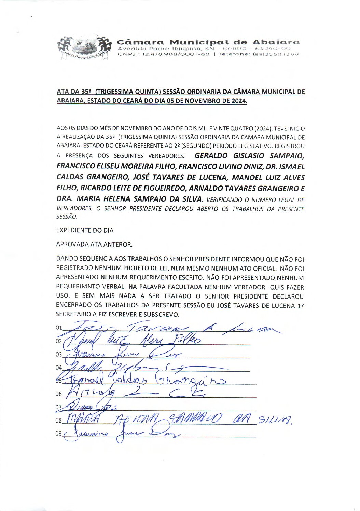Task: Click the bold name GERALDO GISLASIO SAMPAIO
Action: click(249, 156)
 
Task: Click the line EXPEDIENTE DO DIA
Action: click(85, 230)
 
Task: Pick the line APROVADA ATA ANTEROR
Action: click(94, 244)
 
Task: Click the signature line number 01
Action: click(59, 328)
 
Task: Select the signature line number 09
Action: click(59, 433)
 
